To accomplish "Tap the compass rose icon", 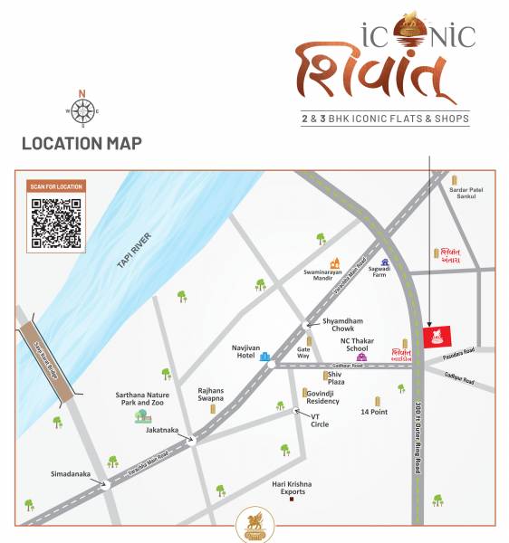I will coord(82,111).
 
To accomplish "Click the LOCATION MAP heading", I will coord(82,144).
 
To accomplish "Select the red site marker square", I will coord(437,337).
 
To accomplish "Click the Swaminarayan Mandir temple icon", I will coord(335,263).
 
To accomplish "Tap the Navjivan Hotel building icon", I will coord(265,357).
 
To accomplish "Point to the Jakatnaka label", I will coord(163,431).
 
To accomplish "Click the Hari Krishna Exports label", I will coord(292,489).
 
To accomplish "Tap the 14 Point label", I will coord(374,412).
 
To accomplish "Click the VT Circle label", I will coord(321,420).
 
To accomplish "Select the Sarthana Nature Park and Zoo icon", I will coord(141,416).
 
